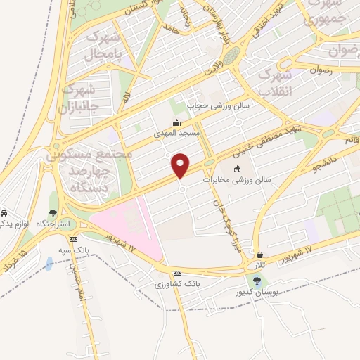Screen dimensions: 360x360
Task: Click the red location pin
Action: click(x=181, y=165)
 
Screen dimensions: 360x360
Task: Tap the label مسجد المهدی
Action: click(x=178, y=131)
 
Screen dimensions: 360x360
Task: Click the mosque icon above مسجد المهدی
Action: click(x=176, y=122)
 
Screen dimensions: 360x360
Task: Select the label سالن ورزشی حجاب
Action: click(x=209, y=106)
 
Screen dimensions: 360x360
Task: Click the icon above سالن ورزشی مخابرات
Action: click(x=237, y=169)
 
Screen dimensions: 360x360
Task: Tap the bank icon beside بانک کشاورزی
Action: click(x=177, y=273)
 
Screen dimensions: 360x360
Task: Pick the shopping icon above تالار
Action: click(x=260, y=255)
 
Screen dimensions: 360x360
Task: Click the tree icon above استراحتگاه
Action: click(x=53, y=213)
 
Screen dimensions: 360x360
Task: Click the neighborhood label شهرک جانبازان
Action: click(x=77, y=99)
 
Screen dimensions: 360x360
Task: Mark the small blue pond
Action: click(x=48, y=264)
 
